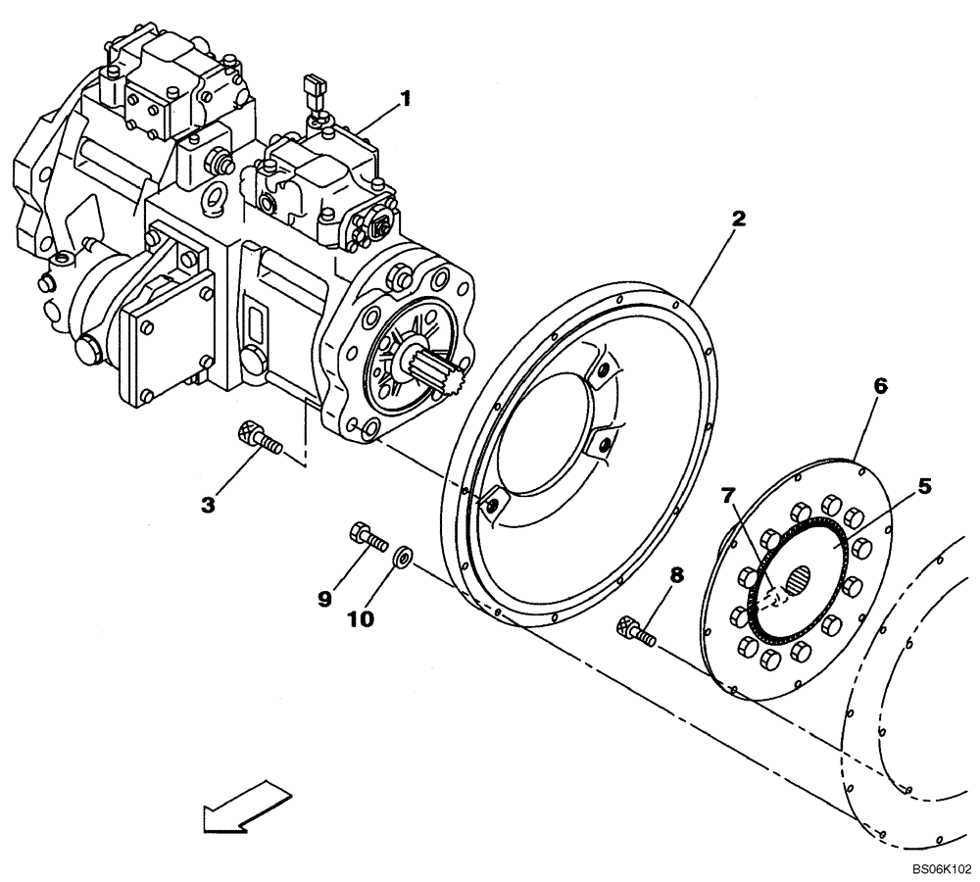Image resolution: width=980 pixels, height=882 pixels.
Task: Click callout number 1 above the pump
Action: pyautogui.click(x=404, y=99)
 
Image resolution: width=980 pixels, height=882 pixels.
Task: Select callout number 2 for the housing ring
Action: pyautogui.click(x=738, y=218)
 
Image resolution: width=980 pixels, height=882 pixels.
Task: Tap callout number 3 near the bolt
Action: pyautogui.click(x=208, y=505)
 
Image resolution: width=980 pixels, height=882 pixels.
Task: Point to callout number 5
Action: pyautogui.click(x=924, y=485)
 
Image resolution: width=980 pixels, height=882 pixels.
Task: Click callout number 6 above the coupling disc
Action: pyautogui.click(x=880, y=386)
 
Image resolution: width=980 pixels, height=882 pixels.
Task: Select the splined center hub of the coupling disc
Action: pyautogui.click(x=800, y=584)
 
